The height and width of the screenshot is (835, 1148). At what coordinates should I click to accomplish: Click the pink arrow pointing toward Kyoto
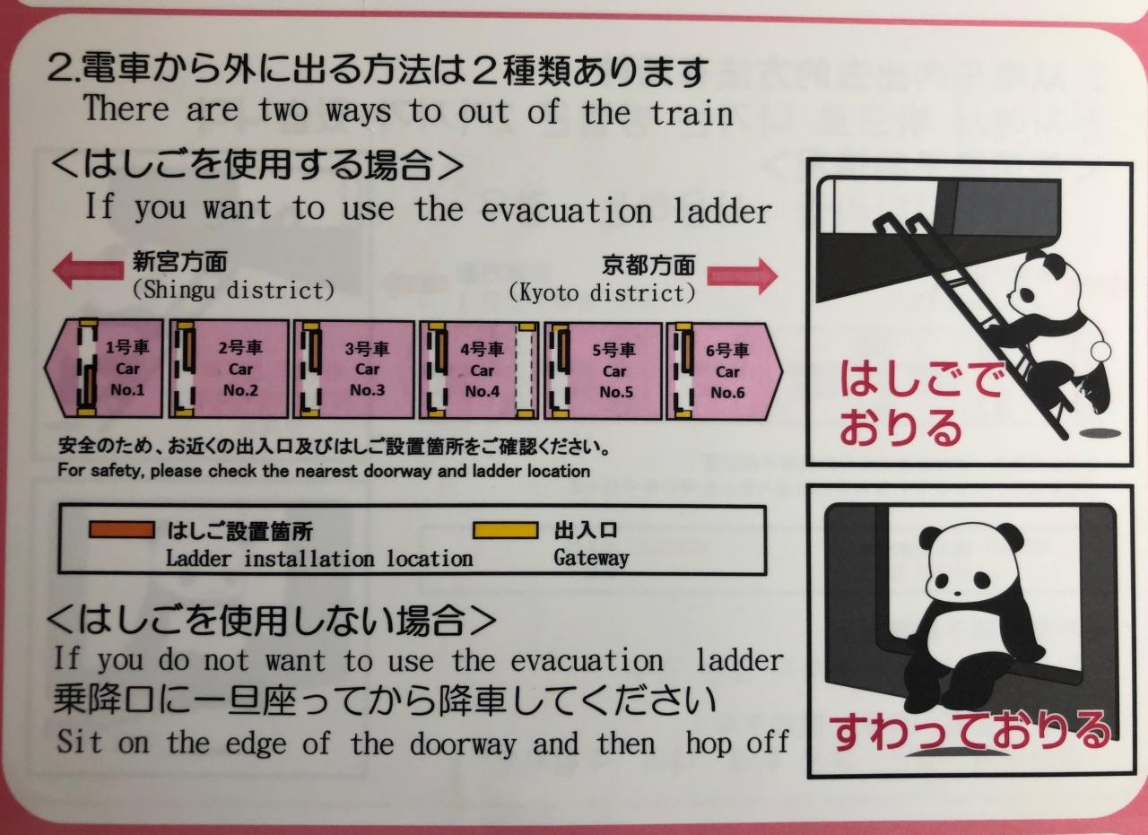742,276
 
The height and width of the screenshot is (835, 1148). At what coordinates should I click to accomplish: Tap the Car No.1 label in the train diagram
127,369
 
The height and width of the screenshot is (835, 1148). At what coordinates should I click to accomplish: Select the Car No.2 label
240,369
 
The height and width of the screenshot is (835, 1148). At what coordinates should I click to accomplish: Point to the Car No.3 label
367,370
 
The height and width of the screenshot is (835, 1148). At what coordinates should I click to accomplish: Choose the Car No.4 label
482,370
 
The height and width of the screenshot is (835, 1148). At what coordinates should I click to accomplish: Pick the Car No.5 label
615,371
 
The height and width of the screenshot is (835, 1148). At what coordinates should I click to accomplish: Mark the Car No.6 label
727,372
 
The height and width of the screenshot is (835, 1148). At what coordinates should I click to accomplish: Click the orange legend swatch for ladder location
121,530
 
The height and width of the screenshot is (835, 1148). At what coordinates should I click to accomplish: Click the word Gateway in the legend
591,558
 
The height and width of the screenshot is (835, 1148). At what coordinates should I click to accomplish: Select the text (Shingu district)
234,291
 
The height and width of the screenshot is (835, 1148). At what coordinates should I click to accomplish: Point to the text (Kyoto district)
602,293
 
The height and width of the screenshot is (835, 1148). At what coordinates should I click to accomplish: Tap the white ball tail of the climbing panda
1100,352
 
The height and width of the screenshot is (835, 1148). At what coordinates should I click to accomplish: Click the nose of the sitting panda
956,594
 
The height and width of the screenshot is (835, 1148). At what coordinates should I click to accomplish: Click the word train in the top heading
691,113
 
